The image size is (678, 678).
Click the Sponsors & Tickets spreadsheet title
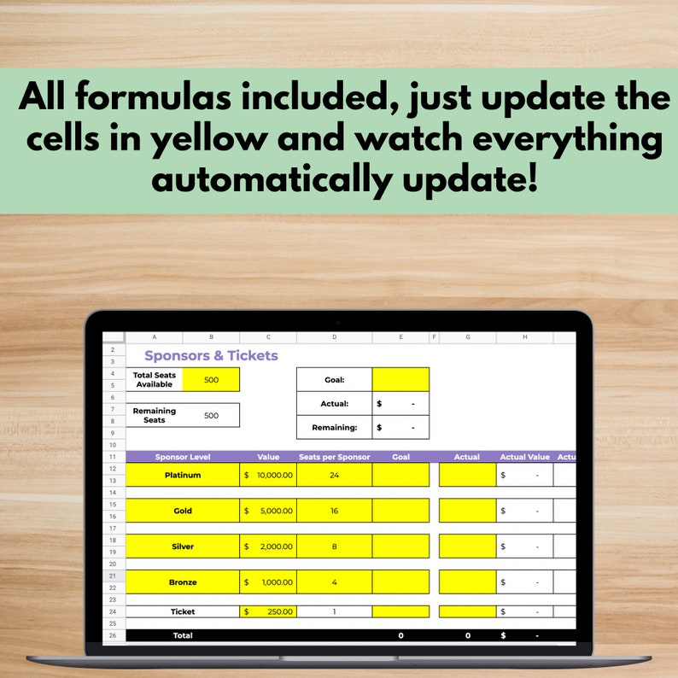coord(211,355)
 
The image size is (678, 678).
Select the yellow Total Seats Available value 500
coord(211,380)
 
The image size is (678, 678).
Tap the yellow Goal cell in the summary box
coord(400,380)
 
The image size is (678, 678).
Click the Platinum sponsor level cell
coord(182,475)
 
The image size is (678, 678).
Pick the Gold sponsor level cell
coord(182,511)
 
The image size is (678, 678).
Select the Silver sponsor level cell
coord(182,546)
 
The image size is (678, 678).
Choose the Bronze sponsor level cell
coord(182,582)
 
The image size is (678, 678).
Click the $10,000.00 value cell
coord(268,475)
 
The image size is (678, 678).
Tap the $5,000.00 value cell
coord(268,511)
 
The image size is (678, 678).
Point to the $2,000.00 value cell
coord(268,546)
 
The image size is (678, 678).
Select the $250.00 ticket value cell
coord(268,611)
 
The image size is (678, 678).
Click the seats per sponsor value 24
coord(334,475)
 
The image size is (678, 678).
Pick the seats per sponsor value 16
coord(334,511)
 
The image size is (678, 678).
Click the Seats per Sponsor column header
coord(334,457)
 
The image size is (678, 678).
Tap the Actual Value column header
coord(524,457)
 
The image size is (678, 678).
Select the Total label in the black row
coord(182,635)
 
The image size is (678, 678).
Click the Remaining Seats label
coord(155,415)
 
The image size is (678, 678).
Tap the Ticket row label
coord(182,611)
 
